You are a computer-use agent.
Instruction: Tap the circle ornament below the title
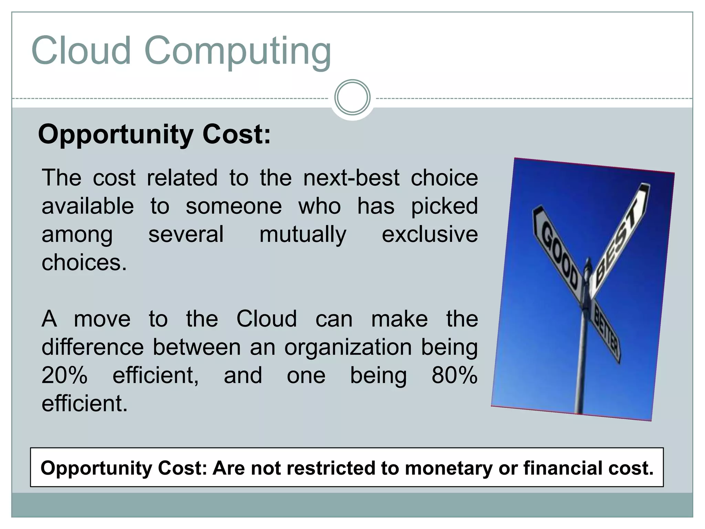coord(352,97)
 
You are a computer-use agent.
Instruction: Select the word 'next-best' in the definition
coord(351,178)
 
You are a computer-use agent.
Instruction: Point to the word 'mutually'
coord(303,235)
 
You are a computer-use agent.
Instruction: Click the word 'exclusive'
coord(430,235)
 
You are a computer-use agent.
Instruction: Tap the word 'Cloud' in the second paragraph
coord(266,319)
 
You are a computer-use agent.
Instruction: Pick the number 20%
coord(64,375)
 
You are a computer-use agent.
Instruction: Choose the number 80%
coord(454,375)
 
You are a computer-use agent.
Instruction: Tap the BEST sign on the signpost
coord(620,238)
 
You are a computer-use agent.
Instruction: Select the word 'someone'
coord(234,206)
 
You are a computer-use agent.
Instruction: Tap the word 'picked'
coord(444,206)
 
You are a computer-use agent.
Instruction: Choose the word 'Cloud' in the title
coord(81,52)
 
